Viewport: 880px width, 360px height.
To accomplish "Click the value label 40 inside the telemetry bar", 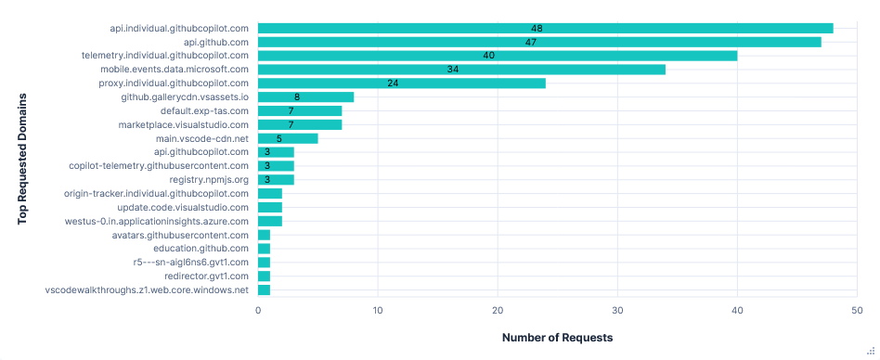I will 489,56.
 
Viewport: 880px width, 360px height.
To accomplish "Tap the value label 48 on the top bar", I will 537,28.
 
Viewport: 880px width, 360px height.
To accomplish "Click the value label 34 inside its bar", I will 453,70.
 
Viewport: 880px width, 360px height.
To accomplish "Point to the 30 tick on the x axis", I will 617,310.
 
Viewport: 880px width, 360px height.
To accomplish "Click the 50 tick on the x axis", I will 857,310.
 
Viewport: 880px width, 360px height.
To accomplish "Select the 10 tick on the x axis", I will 378,310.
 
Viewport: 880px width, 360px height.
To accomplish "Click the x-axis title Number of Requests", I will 557,338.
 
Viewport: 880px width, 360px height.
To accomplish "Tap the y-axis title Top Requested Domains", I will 21,158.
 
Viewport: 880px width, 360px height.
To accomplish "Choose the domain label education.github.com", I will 201,249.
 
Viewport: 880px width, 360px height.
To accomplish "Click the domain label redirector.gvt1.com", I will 206,276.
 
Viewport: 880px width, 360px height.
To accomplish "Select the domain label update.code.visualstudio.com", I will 183,207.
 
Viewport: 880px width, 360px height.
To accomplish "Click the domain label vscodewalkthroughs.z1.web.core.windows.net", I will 147,290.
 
